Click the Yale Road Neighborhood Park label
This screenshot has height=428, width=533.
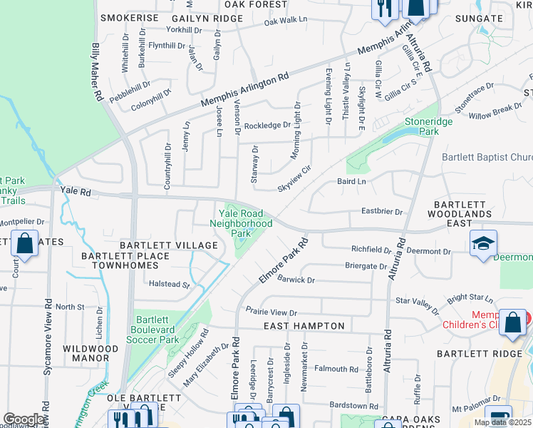click(x=241, y=223)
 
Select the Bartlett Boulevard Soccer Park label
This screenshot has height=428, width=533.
click(x=155, y=329)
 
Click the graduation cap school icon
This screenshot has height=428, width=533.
click(x=483, y=243)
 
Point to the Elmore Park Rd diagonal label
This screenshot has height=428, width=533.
click(x=283, y=260)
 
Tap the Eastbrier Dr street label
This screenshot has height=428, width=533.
click(x=382, y=212)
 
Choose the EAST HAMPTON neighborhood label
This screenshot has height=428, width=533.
click(x=304, y=326)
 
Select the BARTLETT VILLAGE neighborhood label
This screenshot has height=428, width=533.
click(x=168, y=245)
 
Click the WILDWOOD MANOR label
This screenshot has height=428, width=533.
click(x=90, y=354)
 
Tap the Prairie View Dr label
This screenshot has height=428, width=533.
click(x=271, y=312)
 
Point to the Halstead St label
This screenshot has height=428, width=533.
click(x=170, y=284)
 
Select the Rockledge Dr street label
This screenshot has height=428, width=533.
click(x=267, y=126)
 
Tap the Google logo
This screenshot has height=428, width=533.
click(x=24, y=419)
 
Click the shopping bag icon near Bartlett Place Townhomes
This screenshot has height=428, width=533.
click(x=24, y=243)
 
